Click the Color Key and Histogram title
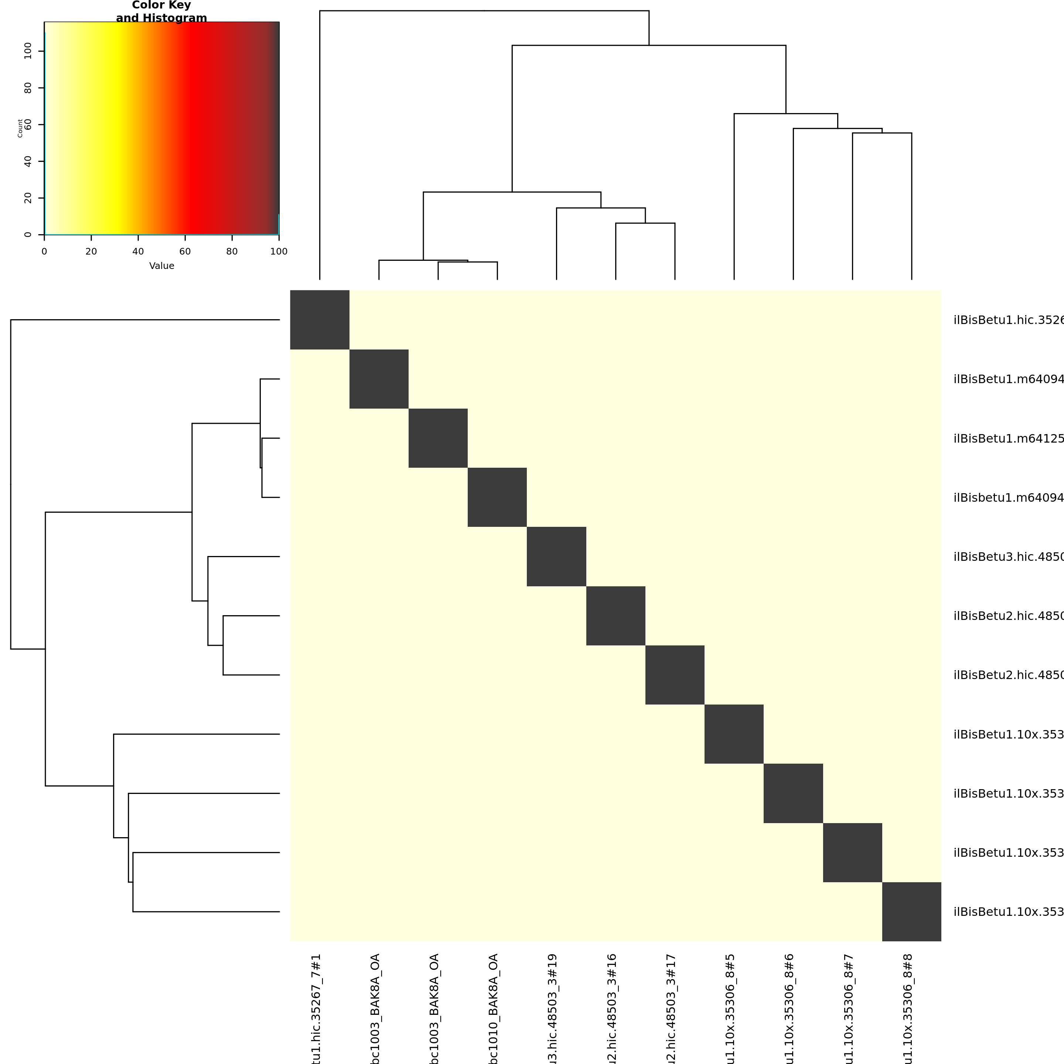click(x=161, y=11)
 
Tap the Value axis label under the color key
click(x=161, y=266)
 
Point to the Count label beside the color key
click(x=20, y=128)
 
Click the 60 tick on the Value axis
click(x=185, y=252)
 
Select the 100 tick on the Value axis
click(x=279, y=252)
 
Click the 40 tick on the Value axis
click(x=138, y=252)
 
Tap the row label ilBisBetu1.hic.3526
click(x=1008, y=320)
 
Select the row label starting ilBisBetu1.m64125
click(x=1008, y=439)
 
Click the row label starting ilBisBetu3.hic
click(x=1008, y=557)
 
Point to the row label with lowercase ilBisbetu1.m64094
click(x=1008, y=498)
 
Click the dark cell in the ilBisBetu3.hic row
click(x=556, y=557)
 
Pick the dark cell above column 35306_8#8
click(x=911, y=912)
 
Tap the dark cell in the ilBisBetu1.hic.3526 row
click(x=320, y=320)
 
